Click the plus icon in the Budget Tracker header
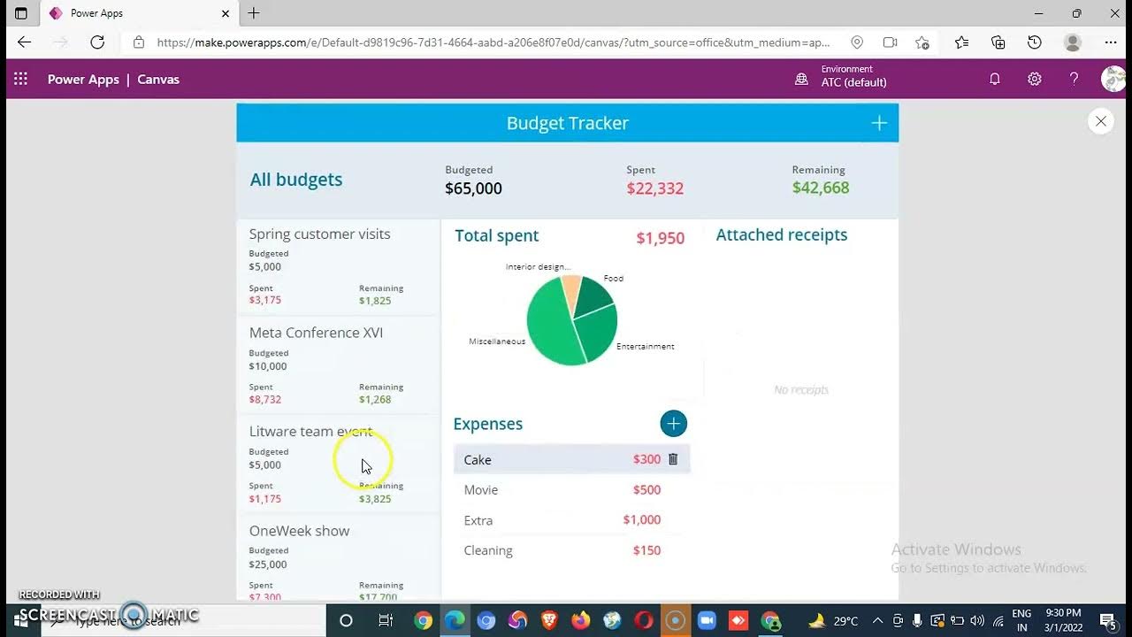[x=879, y=123]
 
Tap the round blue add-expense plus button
[x=673, y=424]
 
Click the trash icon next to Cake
[x=673, y=459]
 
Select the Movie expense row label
[x=481, y=490]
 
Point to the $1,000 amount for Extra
[x=641, y=520]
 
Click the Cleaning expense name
[x=488, y=550]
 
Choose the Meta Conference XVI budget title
[x=316, y=333]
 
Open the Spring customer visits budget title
[x=319, y=234]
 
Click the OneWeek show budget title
[x=299, y=531]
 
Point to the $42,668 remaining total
[x=820, y=188]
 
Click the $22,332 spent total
[x=654, y=188]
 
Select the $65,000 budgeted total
[x=473, y=188]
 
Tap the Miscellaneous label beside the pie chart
[x=497, y=342]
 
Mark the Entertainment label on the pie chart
[x=645, y=347]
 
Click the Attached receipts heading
[x=781, y=235]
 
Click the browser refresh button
[x=97, y=42]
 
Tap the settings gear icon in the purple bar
[x=1034, y=79]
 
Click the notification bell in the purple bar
[x=994, y=79]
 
